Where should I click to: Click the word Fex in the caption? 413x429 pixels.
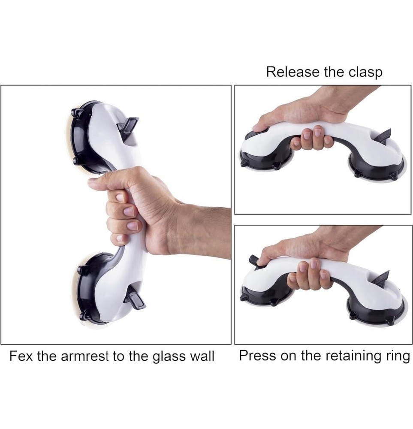[x=21, y=356]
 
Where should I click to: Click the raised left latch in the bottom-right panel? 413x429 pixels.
[x=253, y=260]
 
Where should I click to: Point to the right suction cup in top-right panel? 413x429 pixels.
[x=377, y=165]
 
